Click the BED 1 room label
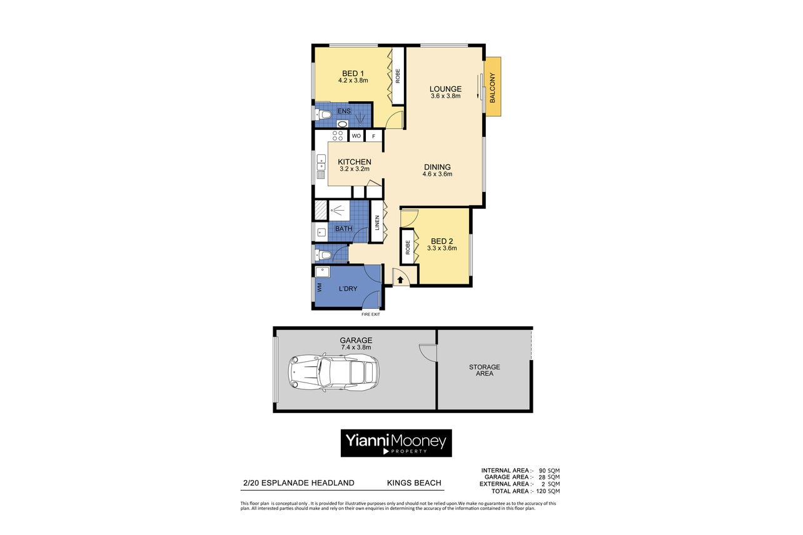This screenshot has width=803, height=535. pyautogui.click(x=353, y=74)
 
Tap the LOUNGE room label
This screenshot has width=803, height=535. pyautogui.click(x=446, y=89)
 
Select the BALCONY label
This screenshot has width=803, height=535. pyautogui.click(x=493, y=87)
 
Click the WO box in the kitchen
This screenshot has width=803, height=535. pyautogui.click(x=356, y=136)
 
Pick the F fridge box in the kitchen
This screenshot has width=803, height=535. pyautogui.click(x=374, y=136)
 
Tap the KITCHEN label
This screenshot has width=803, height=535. pyautogui.click(x=355, y=162)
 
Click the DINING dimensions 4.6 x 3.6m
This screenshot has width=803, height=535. pyautogui.click(x=437, y=174)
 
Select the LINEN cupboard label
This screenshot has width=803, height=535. pyautogui.click(x=377, y=222)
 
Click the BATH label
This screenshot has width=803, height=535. pyautogui.click(x=343, y=229)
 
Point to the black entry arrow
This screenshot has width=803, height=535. pyautogui.click(x=400, y=280)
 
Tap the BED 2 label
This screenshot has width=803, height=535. pyautogui.click(x=442, y=241)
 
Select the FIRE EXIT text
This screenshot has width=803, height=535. pyautogui.click(x=371, y=314)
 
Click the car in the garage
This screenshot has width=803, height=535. pyautogui.click(x=333, y=372)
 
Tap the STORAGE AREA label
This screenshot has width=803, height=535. pyautogui.click(x=485, y=370)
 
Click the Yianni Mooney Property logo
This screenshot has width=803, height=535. pyautogui.click(x=396, y=443)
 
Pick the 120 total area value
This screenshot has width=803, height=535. pyautogui.click(x=542, y=491)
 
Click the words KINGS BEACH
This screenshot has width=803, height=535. pyautogui.click(x=414, y=483)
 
